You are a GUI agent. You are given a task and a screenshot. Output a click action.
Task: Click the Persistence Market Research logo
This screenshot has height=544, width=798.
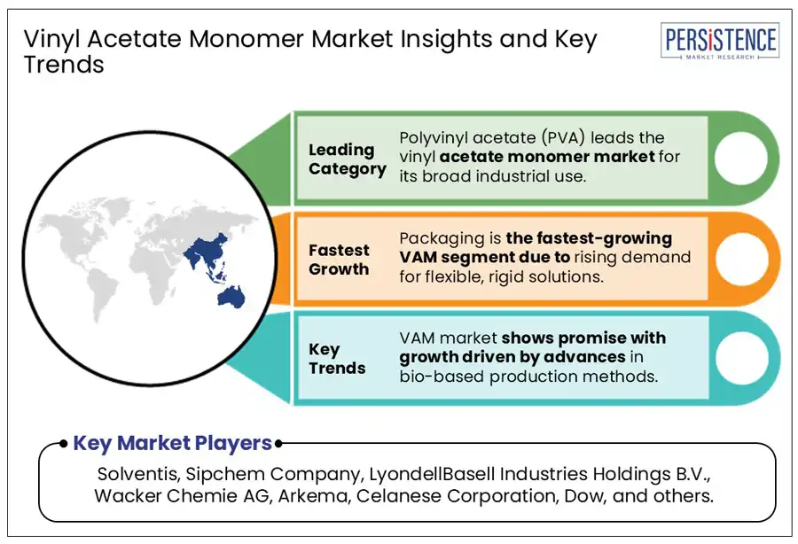point(720,42)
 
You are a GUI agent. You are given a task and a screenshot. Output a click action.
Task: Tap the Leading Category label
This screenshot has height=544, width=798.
point(347,159)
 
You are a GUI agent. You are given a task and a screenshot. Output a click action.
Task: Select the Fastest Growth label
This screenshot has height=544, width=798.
point(339,260)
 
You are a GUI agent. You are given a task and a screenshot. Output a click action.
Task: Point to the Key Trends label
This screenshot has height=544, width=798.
point(337,359)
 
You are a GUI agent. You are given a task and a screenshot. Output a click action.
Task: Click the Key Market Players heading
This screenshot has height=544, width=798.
point(172,443)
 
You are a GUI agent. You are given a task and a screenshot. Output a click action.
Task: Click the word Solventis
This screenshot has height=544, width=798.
point(134,473)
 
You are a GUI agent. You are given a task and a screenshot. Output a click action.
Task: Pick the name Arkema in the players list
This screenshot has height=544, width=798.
point(309,496)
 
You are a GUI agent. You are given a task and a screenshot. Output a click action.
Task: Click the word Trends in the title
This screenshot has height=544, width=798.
point(63,66)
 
